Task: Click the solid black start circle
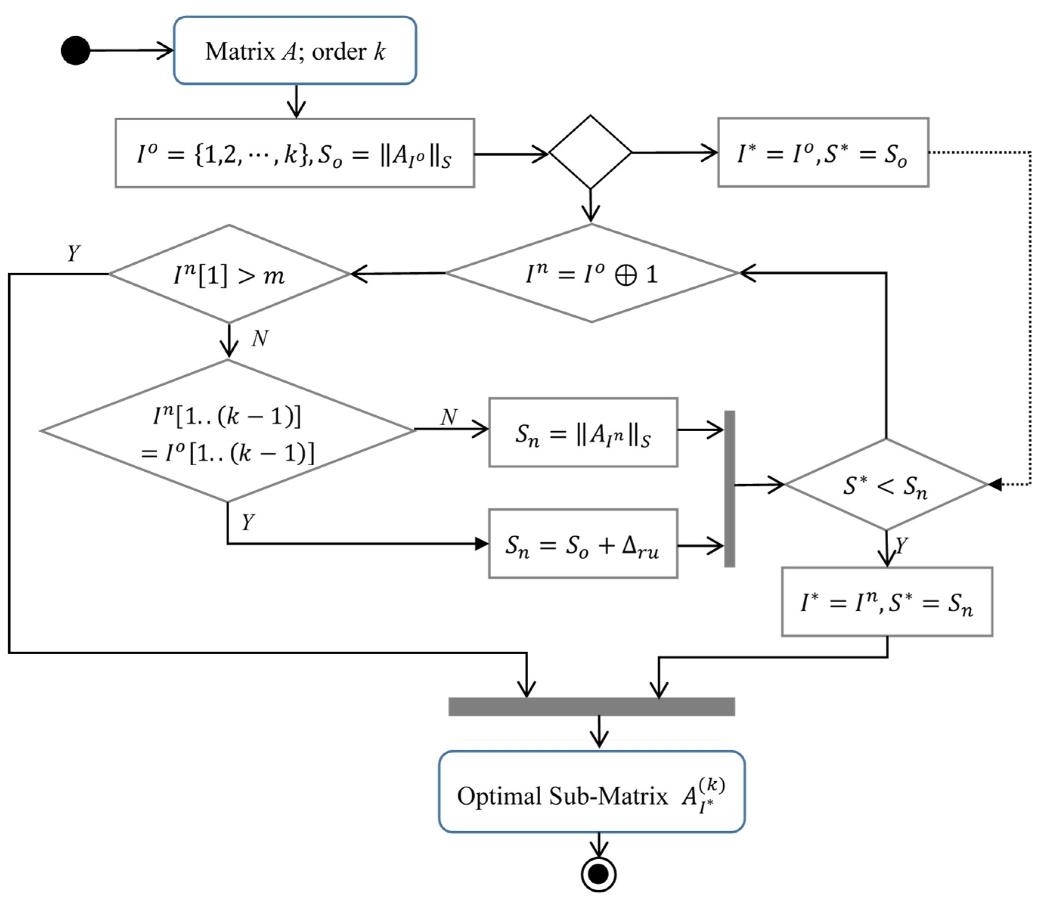pos(75,51)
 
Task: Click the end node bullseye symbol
pos(599,874)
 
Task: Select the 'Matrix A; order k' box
pos(295,51)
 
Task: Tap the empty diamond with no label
pos(590,152)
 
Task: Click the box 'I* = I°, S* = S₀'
pos(823,153)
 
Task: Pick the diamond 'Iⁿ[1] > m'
pos(229,274)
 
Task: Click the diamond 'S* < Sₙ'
pos(886,485)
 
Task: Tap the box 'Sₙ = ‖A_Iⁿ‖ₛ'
pos(583,432)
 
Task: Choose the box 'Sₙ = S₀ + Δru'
pos(583,544)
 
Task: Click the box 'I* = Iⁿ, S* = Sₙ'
pos(887,602)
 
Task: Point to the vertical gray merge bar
pos(729,489)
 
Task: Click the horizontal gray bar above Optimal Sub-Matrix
pos(591,706)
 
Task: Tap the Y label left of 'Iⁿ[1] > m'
pos(73,253)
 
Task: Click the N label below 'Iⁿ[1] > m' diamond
pos(260,339)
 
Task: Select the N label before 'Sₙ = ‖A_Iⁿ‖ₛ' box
pos(449,417)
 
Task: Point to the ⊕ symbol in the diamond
pos(625,275)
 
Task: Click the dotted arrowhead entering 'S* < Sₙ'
pos(995,484)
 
